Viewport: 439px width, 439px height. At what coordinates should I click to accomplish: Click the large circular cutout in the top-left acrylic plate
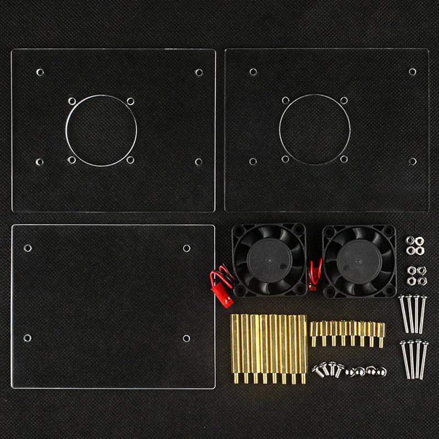point(101,131)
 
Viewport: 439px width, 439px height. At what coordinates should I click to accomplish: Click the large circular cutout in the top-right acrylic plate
point(314,130)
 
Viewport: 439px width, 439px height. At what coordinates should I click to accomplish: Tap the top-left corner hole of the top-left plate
point(40,72)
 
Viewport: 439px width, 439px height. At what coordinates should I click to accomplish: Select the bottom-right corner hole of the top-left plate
point(198,162)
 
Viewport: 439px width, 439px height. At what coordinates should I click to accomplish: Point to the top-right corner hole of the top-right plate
point(412,72)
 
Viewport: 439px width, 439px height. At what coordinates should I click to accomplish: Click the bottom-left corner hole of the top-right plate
point(253,161)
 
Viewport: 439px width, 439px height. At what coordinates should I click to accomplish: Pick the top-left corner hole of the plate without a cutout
point(27,248)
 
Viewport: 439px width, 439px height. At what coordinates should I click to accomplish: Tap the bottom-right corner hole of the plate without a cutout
point(186,338)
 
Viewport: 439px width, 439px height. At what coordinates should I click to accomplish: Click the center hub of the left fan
point(268,260)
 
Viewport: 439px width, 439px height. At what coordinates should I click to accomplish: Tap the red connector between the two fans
point(312,285)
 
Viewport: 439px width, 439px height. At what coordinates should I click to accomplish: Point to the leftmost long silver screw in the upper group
point(403,313)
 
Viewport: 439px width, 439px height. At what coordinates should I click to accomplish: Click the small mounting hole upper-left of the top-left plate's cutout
point(72,102)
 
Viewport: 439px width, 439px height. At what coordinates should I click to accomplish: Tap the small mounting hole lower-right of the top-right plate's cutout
point(344,159)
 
